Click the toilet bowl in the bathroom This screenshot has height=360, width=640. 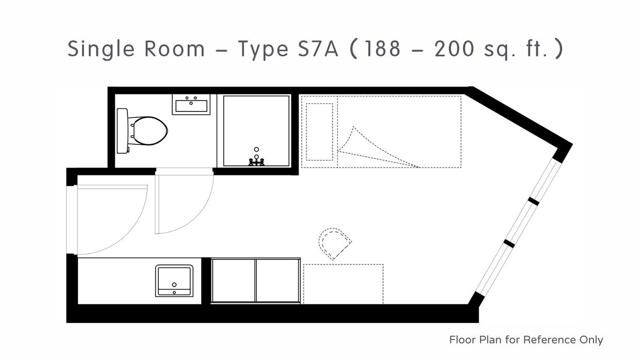pos(149,131)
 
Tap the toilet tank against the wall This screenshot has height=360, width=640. pos(122,131)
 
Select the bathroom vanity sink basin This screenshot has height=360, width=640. pos(191,106)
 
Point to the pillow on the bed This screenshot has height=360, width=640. pos(319,132)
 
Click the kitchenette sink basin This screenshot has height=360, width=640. pos(174,281)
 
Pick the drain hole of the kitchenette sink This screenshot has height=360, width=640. pos(174,285)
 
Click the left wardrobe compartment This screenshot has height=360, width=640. pos(233,280)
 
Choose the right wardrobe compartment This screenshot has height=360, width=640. pos(278,280)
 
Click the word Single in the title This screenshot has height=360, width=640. pos(101,49)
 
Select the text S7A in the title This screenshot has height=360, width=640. pos(318,49)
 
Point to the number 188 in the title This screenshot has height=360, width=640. pos(382,49)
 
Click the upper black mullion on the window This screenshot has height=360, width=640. pos(533,201)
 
